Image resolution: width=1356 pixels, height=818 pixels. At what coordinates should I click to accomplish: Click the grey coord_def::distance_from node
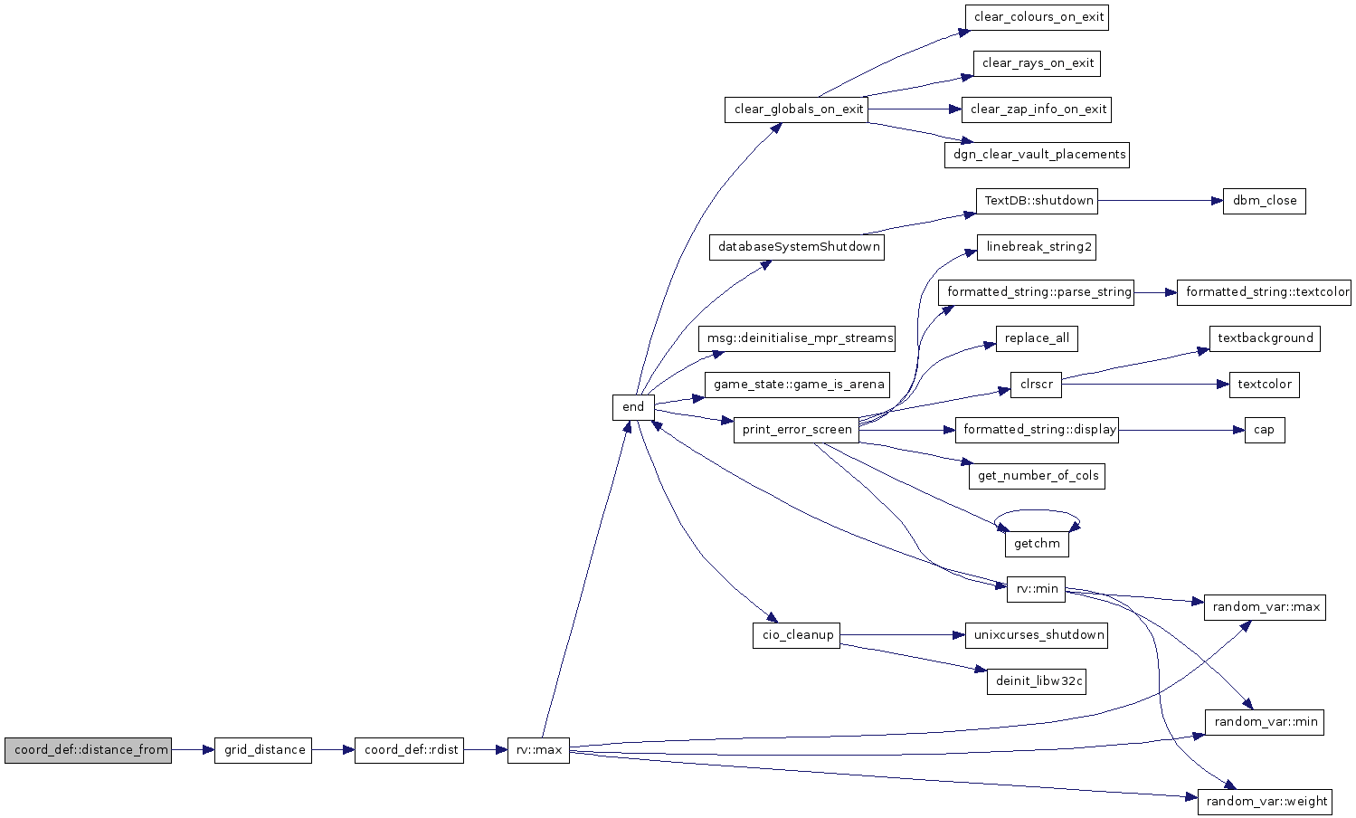pos(88,750)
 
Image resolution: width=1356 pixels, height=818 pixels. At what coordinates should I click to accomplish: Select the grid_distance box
pos(262,750)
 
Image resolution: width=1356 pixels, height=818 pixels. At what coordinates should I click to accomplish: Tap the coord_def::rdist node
pos(409,750)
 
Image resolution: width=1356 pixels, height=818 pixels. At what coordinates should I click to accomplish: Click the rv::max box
pos(538,750)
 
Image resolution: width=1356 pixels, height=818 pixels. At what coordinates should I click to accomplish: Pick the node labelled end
pos(633,407)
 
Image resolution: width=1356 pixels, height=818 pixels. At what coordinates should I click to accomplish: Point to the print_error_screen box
pos(796,430)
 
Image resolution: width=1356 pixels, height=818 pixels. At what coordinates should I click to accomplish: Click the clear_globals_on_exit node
pos(796,109)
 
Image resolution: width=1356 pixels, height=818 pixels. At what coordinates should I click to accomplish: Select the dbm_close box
pos(1264,201)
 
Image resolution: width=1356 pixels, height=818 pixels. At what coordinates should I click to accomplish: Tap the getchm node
pos(1037,544)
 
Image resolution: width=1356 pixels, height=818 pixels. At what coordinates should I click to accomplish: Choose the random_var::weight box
pos(1266,802)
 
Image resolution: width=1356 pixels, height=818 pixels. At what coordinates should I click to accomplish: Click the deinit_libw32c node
pos(1037,681)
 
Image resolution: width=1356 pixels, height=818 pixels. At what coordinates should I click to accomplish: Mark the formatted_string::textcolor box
pos(1264,292)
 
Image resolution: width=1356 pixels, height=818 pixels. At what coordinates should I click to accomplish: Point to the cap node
pos(1265,430)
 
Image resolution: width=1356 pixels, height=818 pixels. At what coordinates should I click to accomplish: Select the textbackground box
pos(1265,338)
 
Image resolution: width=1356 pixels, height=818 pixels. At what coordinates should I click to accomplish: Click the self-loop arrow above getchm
pos(1037,510)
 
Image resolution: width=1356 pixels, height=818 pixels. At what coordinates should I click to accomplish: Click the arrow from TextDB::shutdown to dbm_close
pos(1160,201)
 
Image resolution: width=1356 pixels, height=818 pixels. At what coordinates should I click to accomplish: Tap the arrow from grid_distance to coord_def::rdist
pos(333,750)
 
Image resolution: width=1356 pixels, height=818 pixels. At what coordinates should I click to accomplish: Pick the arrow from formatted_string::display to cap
pos(1181,430)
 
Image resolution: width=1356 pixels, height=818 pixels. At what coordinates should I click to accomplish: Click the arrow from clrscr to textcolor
pos(1145,385)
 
